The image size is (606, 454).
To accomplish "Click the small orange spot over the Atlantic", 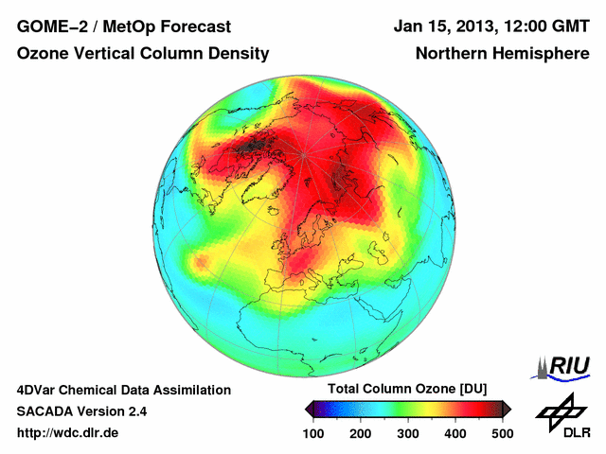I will pos(201,261).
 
